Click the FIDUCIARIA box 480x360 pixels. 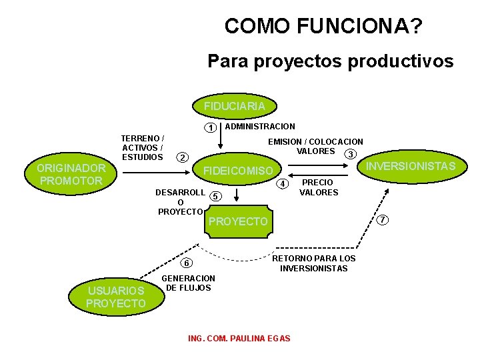coord(235,106)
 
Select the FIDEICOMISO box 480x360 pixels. coord(238,171)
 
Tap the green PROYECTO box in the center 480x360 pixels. coord(238,221)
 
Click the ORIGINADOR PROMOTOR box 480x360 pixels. coord(71,175)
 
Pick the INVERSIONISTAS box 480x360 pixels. coord(411,166)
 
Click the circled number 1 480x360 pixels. coord(210,127)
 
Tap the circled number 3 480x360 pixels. coord(348,155)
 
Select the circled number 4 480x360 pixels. coord(283,183)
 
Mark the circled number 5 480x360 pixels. coord(215,196)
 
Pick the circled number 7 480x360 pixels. coord(382,220)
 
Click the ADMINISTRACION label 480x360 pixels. coord(261,126)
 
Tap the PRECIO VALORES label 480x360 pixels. coord(318,187)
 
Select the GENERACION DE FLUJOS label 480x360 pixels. coord(189,283)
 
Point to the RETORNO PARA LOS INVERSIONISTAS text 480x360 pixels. coord(314,263)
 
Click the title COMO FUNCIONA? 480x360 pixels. coord(323,27)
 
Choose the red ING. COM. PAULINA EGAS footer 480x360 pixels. coord(239,339)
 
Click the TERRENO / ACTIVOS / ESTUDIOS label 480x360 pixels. coord(143,148)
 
